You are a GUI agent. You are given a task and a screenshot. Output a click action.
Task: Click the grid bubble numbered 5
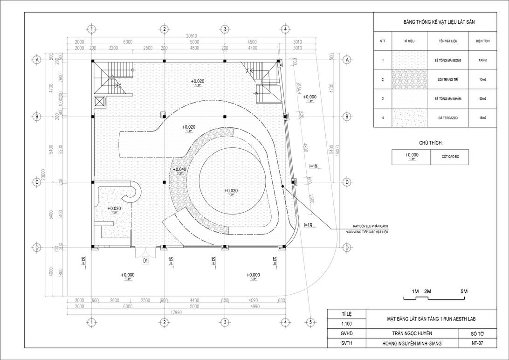point(310,322)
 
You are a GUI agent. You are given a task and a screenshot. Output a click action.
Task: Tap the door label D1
point(145,261)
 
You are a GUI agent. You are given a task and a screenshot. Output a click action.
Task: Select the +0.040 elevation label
point(179,170)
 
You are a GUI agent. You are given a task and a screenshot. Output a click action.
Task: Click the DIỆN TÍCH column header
point(482,41)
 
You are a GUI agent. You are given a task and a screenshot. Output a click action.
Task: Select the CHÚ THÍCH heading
point(430,143)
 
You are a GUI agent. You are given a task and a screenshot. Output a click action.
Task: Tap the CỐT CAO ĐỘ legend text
point(449,157)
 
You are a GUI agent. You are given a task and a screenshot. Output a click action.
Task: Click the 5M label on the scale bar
point(464,291)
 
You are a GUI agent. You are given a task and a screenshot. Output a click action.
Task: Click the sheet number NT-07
point(477,344)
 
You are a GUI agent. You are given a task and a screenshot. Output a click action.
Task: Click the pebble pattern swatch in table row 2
point(409,80)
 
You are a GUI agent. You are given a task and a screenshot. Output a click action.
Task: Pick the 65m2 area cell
point(482,99)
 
